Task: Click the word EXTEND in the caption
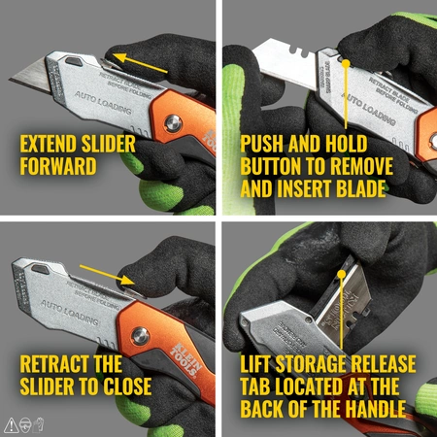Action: coord(51,144)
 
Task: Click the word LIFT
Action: coord(258,366)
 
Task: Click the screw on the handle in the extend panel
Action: coord(171,123)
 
